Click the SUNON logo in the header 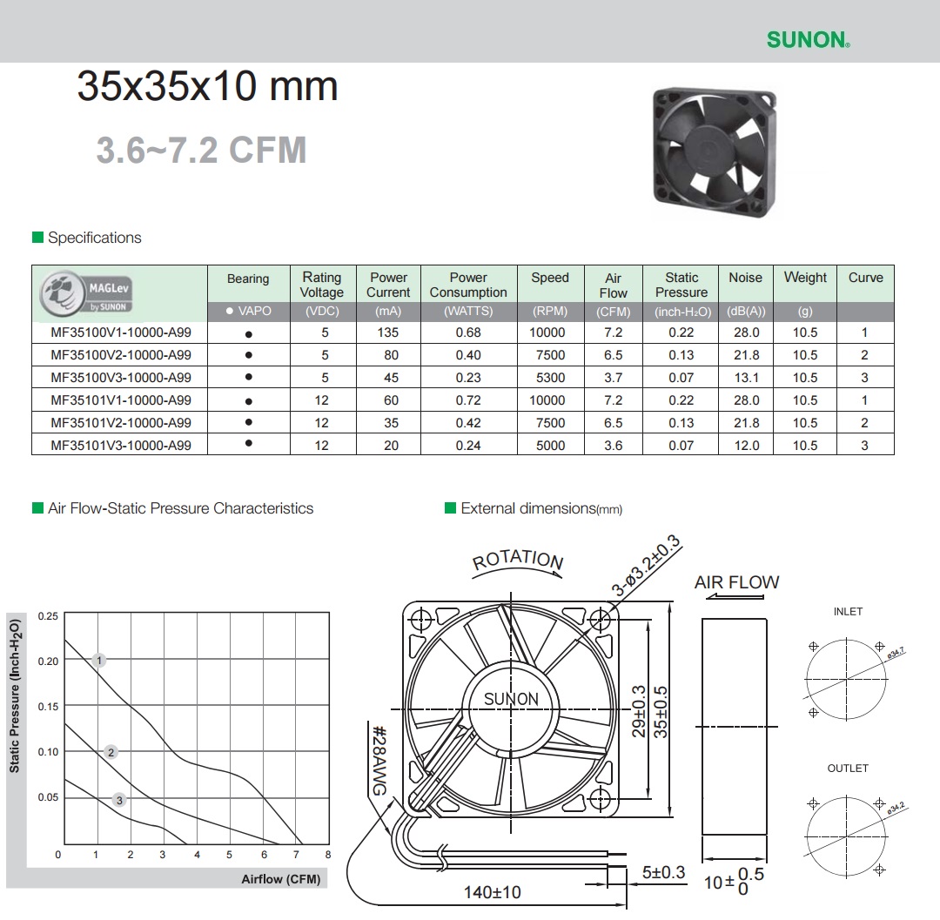(808, 39)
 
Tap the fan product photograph (714, 152)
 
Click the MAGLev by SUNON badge (85, 293)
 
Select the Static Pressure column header (681, 285)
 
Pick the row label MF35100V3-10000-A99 (121, 378)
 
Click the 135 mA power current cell (388, 332)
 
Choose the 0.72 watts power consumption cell (468, 400)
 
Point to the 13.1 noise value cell (747, 378)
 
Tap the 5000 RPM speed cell (550, 446)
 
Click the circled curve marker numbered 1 (99, 660)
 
